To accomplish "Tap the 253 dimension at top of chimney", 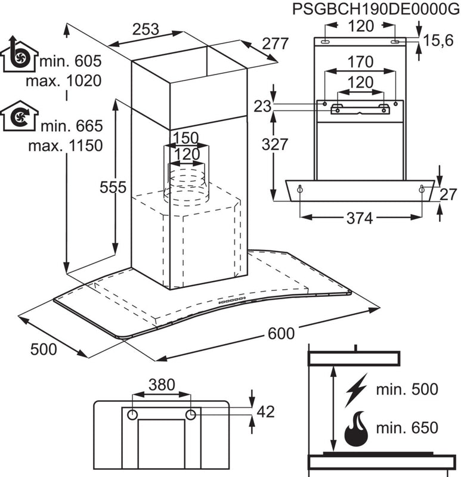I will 146,29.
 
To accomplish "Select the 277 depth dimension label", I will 275,43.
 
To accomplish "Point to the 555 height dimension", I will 113,187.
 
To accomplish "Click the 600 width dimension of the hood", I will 281,334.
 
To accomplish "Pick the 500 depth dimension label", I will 44,349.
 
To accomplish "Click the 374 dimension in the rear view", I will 360,219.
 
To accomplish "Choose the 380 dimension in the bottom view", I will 161,385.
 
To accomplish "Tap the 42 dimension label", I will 265,411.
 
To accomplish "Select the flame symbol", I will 356,429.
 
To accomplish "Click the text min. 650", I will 407,428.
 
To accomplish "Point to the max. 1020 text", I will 72,80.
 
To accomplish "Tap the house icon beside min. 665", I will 20,116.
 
